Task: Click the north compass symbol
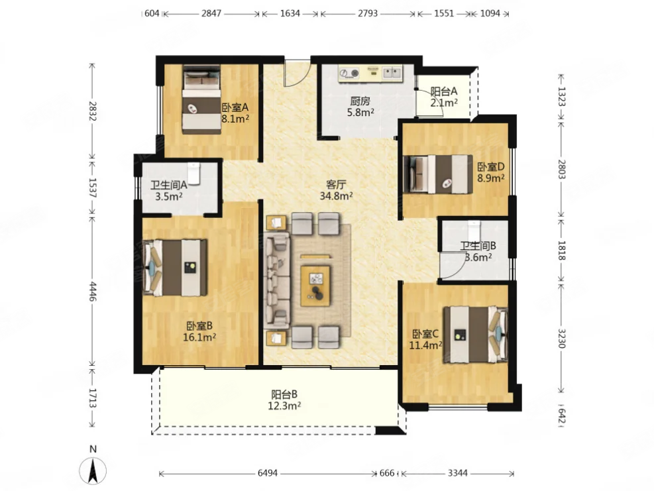click(x=93, y=470)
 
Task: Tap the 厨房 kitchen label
click(x=360, y=101)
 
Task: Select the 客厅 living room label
click(x=336, y=184)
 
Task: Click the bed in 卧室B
click(x=175, y=268)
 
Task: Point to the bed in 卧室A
click(x=202, y=100)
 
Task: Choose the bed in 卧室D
click(x=438, y=174)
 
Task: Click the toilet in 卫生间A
click(x=194, y=173)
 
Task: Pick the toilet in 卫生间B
click(x=474, y=231)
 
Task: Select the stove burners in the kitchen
click(x=349, y=74)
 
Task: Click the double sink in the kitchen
click(x=392, y=74)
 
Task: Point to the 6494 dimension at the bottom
click(x=268, y=473)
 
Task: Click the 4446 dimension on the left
click(x=93, y=292)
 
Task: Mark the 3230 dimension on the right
click(x=561, y=339)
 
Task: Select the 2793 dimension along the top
click(x=368, y=13)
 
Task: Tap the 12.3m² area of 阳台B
click(x=284, y=406)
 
